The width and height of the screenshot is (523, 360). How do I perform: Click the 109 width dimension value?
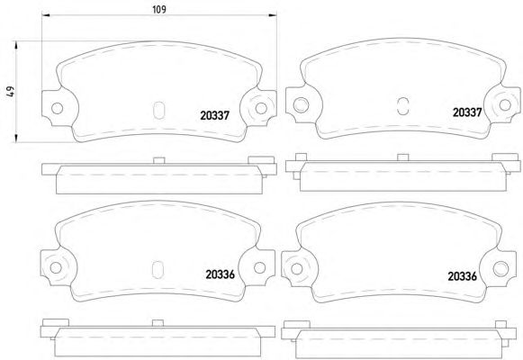[x=159, y=9]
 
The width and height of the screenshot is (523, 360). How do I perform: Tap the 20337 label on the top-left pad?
[x=215, y=115]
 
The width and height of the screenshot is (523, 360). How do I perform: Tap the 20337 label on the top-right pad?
[x=467, y=112]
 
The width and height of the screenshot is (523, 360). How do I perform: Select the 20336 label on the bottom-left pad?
[x=221, y=274]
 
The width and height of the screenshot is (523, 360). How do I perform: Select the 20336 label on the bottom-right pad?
[x=463, y=276]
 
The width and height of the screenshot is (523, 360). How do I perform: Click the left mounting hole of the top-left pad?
[x=57, y=108]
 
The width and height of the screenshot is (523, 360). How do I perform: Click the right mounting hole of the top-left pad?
[x=261, y=108]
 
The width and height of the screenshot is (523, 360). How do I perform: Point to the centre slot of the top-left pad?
[x=158, y=110]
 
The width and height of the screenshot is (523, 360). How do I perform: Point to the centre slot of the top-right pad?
[x=403, y=106]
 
